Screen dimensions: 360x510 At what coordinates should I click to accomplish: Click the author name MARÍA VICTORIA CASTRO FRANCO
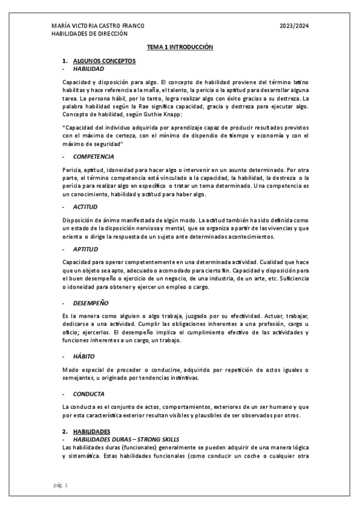pos(98,26)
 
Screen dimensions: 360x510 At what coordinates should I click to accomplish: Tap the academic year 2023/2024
pos(294,26)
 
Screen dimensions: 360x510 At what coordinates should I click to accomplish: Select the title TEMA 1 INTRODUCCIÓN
pos(180,46)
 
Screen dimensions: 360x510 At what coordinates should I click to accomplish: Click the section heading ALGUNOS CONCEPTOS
pos(104,61)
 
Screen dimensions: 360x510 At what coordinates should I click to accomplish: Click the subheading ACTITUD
pos(85,206)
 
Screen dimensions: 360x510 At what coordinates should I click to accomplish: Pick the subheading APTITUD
pos(86,249)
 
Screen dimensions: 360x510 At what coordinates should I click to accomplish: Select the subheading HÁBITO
pos(84,356)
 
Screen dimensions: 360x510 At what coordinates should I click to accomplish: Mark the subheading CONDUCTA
pos(88,394)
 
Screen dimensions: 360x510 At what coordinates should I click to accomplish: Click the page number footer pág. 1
pos(60,485)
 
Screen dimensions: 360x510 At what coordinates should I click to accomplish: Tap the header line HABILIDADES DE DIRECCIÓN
pos(90,34)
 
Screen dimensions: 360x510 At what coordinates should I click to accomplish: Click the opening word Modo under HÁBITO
pos(70,369)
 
